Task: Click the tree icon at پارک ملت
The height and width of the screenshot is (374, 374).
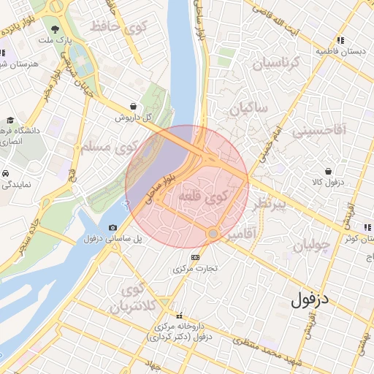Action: click(56, 28)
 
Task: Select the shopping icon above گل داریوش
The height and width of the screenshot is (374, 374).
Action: click(132, 105)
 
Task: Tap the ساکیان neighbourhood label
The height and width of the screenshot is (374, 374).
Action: click(248, 110)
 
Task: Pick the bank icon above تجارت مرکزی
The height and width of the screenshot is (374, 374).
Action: click(195, 257)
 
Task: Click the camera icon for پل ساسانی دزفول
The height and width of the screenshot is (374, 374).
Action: click(112, 228)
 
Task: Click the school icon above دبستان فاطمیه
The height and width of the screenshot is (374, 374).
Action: click(340, 40)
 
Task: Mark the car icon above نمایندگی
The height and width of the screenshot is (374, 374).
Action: click(5, 174)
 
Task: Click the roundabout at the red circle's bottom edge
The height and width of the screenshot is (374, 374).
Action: click(213, 234)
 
